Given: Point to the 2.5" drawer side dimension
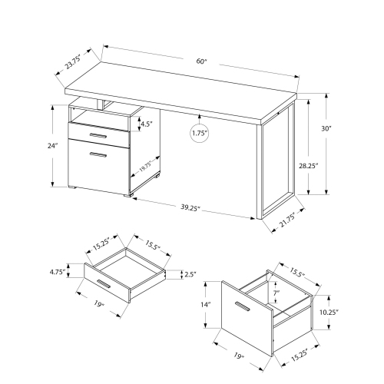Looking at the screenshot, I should click(191, 273).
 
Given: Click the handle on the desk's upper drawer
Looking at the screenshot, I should click(98, 136).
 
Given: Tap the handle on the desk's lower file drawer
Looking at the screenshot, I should click(98, 156).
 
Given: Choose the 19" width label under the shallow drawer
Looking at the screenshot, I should click(98, 305).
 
